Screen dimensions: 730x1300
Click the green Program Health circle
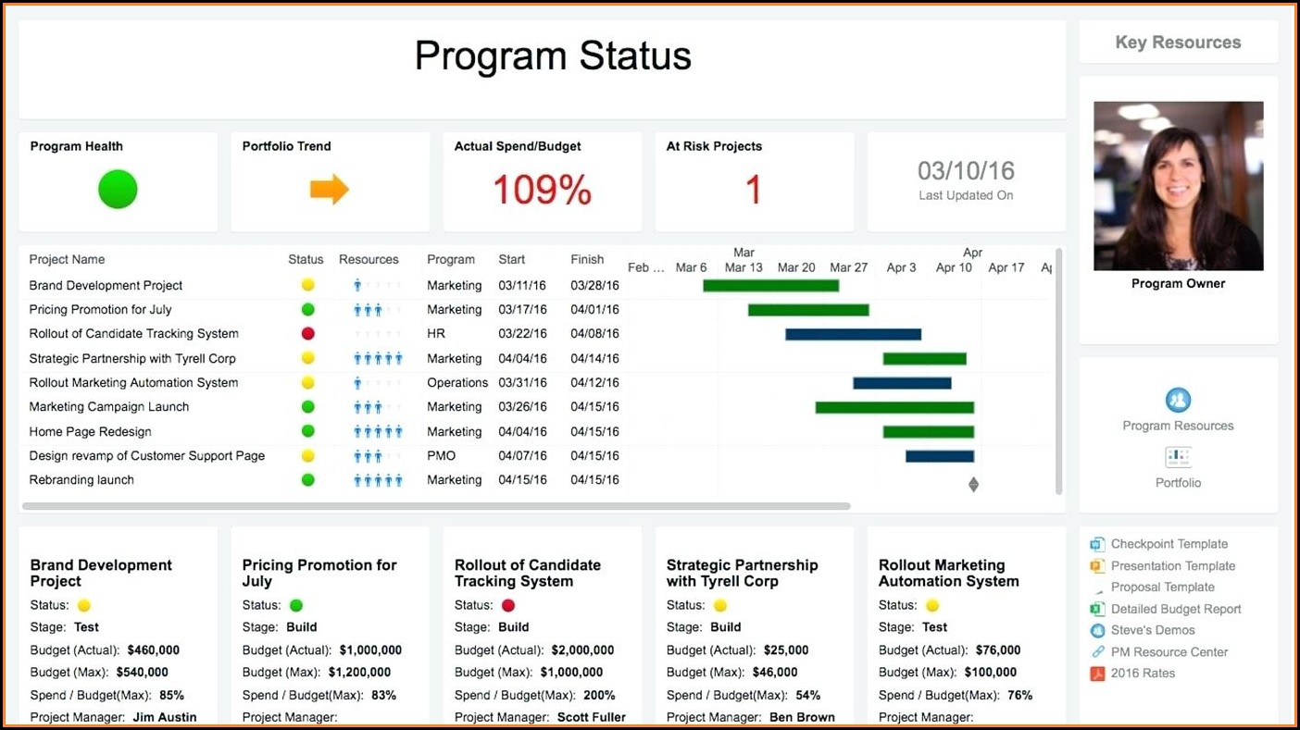pyautogui.click(x=118, y=190)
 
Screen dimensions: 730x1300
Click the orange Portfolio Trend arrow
pyautogui.click(x=329, y=190)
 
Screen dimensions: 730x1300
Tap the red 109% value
pyautogui.click(x=542, y=191)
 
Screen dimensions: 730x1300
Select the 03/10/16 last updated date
pyautogui.click(x=966, y=171)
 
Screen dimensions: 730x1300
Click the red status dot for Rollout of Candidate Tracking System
pyautogui.click(x=308, y=334)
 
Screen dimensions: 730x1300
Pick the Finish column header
pyautogui.click(x=587, y=260)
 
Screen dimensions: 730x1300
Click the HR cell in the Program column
pyautogui.click(x=436, y=334)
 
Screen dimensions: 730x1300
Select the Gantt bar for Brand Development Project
pyautogui.click(x=770, y=286)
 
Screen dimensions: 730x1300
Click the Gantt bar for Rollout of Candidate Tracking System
pyautogui.click(x=853, y=334)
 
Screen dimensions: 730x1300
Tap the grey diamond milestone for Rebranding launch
pyautogui.click(x=973, y=484)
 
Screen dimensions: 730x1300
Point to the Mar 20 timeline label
pyautogui.click(x=796, y=268)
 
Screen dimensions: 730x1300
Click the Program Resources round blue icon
pyautogui.click(x=1178, y=401)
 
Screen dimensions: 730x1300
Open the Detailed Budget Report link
pyautogui.click(x=1175, y=609)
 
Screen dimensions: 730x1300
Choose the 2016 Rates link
pyautogui.click(x=1143, y=674)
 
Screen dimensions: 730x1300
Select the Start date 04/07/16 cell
pyautogui.click(x=522, y=456)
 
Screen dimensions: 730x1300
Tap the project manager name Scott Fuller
pyautogui.click(x=592, y=717)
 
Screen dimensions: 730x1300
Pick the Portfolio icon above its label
pyautogui.click(x=1178, y=457)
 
